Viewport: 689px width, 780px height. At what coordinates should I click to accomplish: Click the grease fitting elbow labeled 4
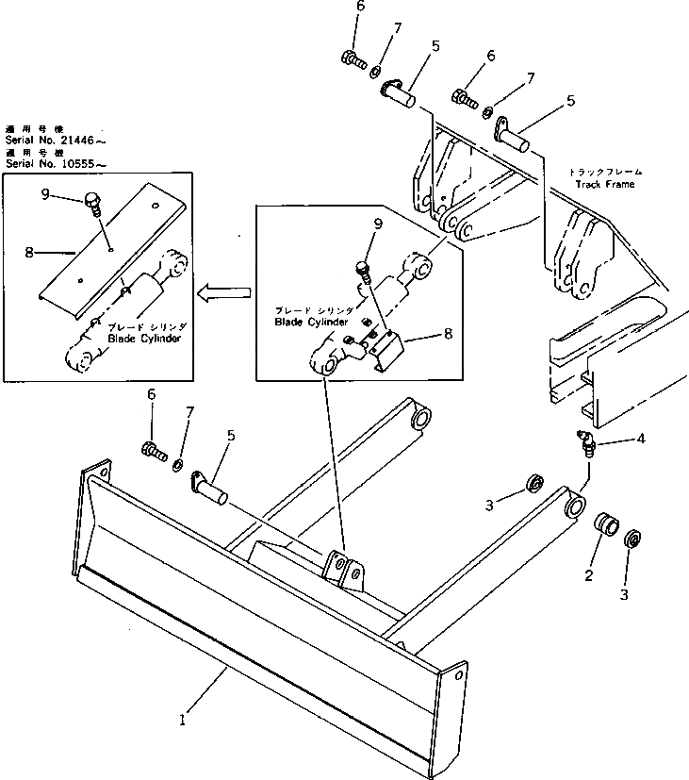click(x=587, y=440)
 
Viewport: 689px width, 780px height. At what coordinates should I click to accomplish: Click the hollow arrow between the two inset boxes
click(x=223, y=293)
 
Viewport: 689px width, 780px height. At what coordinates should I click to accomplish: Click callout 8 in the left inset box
click(x=29, y=253)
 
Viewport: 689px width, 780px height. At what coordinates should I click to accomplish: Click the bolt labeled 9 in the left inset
click(x=91, y=201)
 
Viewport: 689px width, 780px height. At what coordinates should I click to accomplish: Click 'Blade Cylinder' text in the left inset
click(x=141, y=338)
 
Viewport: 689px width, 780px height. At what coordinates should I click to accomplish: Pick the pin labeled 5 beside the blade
click(x=212, y=485)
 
